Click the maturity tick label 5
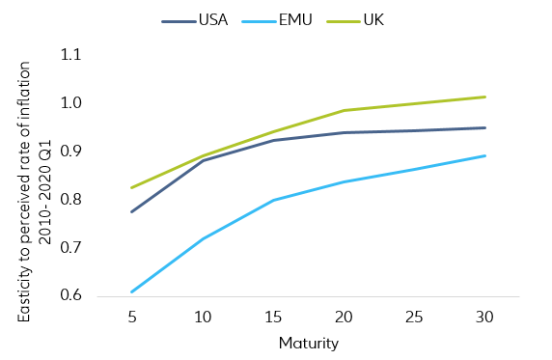pos(131,317)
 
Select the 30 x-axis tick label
pos(484,317)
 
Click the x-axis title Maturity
pos(308,343)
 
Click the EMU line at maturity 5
pos(131,291)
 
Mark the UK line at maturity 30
pos(484,97)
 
